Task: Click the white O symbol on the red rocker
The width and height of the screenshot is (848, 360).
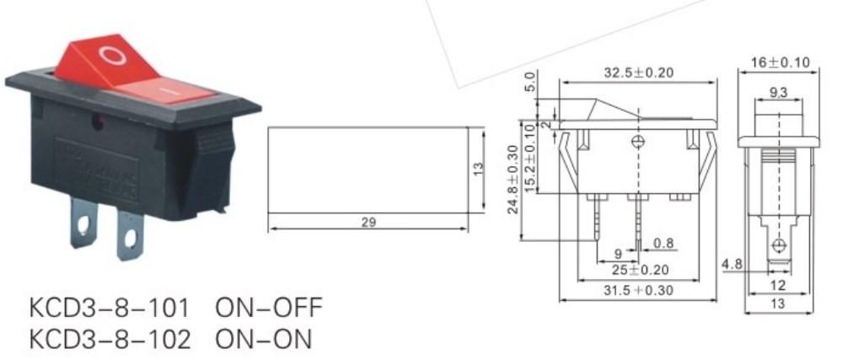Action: (110, 56)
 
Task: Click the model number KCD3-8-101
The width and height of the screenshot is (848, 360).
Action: (110, 308)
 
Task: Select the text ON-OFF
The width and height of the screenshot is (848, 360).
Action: (269, 308)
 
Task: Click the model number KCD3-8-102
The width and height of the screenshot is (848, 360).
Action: (110, 339)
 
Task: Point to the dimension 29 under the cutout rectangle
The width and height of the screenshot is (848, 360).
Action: (367, 223)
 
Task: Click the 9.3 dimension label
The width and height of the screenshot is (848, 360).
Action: (778, 94)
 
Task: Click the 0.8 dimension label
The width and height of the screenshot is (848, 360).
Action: (664, 244)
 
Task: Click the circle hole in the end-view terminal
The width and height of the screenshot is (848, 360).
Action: (779, 245)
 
